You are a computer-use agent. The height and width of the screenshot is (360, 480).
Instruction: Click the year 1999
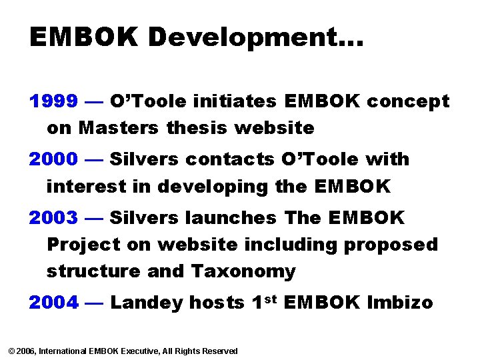coord(54,101)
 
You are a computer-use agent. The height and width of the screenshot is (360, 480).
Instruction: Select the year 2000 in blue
coord(54,159)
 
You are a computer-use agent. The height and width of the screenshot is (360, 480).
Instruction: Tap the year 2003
coord(54,217)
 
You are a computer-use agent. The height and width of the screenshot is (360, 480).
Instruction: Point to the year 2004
coord(54,303)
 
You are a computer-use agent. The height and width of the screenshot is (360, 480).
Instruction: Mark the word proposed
coord(391,245)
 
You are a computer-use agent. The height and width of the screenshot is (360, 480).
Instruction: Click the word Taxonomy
coord(243,272)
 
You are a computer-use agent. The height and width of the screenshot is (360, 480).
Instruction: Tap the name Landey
coord(146,303)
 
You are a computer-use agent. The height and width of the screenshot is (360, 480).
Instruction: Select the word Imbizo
coord(400,303)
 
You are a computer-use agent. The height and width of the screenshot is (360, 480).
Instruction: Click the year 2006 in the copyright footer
coord(26,351)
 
